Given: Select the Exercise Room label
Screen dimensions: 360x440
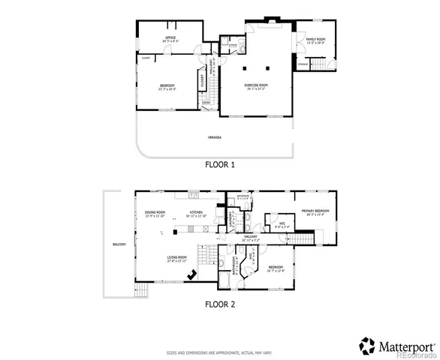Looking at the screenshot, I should (x=256, y=85).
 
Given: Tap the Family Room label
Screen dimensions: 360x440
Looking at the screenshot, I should (x=315, y=39).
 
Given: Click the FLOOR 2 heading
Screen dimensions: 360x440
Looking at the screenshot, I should (x=220, y=304).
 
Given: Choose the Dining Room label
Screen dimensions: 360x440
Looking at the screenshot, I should (x=155, y=214).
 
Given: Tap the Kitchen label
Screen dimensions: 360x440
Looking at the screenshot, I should (x=197, y=214).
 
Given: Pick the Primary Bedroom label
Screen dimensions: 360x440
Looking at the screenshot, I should (x=315, y=212).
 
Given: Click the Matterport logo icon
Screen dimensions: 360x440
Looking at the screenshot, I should (x=367, y=345).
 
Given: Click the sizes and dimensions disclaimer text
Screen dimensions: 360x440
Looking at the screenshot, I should (x=219, y=352).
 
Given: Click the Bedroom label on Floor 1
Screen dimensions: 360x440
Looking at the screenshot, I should (x=167, y=85).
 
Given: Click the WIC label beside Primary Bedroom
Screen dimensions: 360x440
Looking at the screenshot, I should (x=280, y=223).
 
